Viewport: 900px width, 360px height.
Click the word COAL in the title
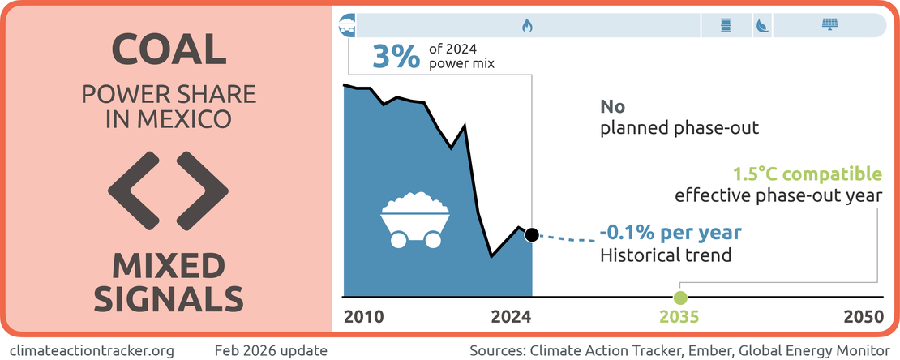tap(168, 50)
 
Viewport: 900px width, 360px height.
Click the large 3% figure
tap(396, 58)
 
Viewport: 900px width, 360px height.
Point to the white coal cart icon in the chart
tap(415, 220)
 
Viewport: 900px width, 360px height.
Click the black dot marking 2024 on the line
tap(532, 234)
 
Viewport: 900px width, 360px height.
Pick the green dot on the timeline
tap(680, 298)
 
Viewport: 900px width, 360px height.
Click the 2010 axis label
tap(364, 317)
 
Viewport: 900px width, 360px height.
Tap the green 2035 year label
tap(679, 317)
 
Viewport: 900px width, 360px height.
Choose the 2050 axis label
tap(864, 317)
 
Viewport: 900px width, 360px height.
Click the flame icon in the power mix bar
tap(527, 25)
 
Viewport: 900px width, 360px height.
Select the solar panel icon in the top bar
tap(829, 25)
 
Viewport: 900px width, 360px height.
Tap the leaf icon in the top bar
tap(762, 26)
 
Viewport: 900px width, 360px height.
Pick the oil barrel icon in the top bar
tap(726, 25)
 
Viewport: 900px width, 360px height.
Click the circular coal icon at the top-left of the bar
tap(348, 24)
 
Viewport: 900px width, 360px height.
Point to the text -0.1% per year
tap(671, 234)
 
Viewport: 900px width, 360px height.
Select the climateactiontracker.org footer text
tap(92, 350)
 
